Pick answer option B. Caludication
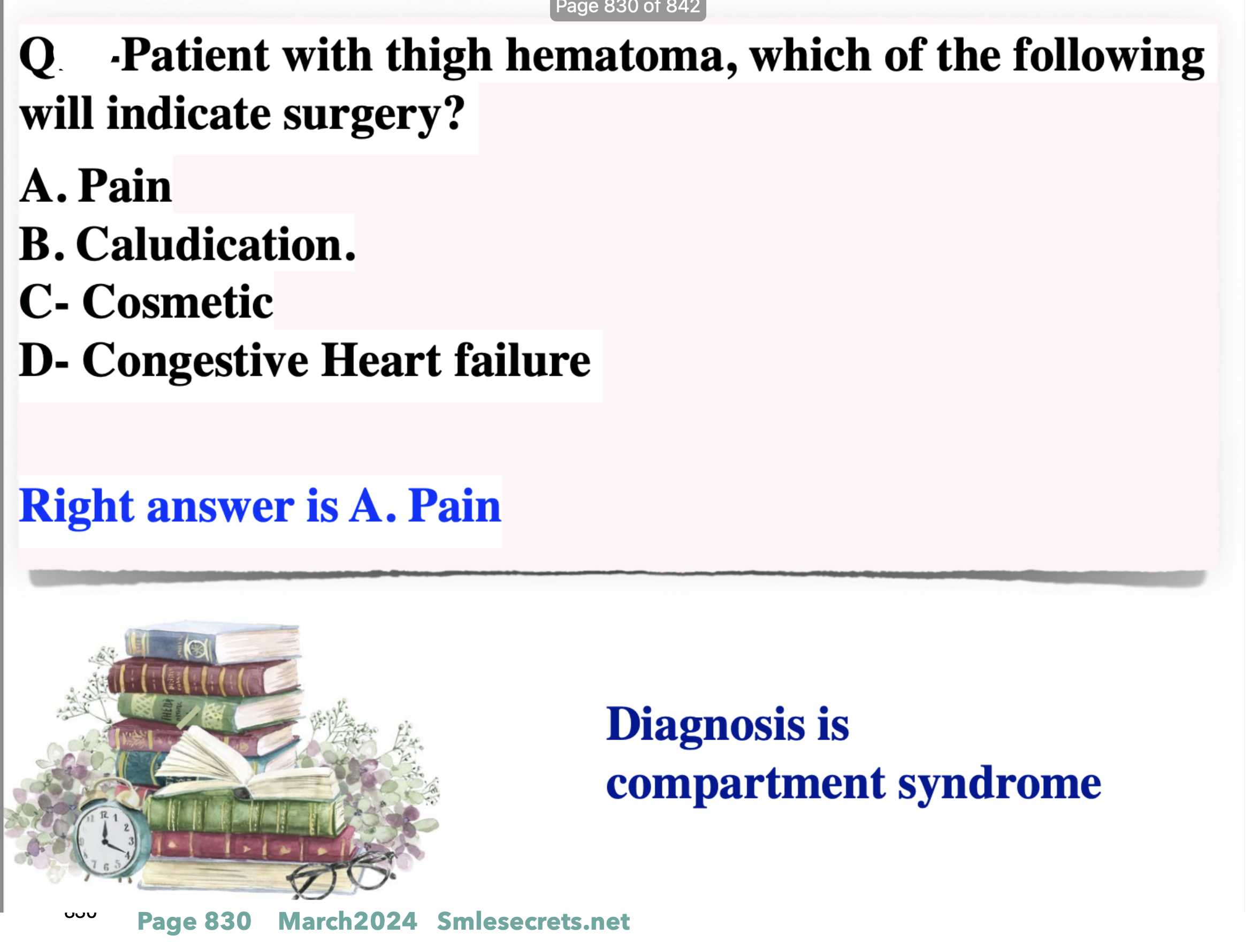187,244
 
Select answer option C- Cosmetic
146,302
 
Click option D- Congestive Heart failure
305,361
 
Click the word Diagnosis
705,726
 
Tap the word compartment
746,785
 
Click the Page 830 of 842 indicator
628,8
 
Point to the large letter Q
37,57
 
